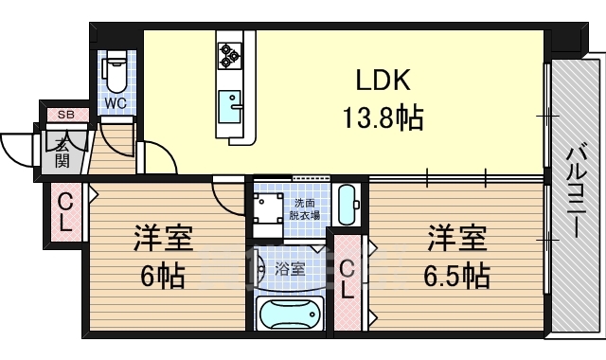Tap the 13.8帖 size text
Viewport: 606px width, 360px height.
(x=383, y=119)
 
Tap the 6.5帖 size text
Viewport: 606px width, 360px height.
(x=456, y=277)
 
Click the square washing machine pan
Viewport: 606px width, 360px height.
(x=267, y=207)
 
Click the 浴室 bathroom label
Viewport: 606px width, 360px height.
(x=291, y=269)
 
